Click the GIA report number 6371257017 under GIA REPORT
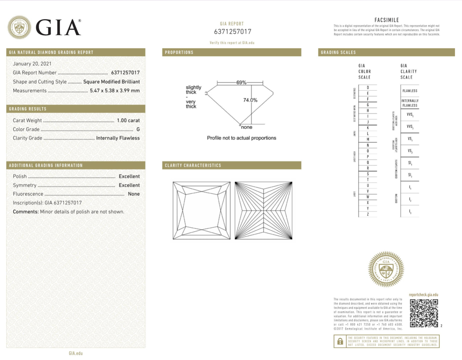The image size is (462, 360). [x=232, y=32]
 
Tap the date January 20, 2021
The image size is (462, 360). [x=32, y=64]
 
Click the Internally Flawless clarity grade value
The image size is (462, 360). [x=118, y=138]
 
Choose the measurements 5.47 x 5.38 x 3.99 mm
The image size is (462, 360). [x=115, y=91]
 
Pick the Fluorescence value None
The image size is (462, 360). [x=133, y=194]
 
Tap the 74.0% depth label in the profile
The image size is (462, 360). [x=251, y=100]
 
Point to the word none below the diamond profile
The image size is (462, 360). [x=246, y=127]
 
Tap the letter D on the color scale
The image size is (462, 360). [x=368, y=88]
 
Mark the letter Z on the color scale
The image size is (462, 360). [x=368, y=214]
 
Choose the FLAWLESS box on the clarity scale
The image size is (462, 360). [x=409, y=91]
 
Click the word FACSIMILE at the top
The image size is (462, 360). [x=386, y=20]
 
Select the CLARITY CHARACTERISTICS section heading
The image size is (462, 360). [x=192, y=165]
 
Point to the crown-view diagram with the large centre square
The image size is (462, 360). [x=201, y=210]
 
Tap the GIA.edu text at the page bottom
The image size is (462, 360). [x=75, y=353]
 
